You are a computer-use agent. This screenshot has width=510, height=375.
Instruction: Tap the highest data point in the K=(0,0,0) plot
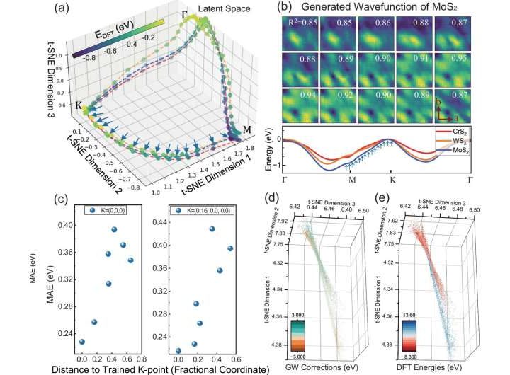click(x=113, y=230)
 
